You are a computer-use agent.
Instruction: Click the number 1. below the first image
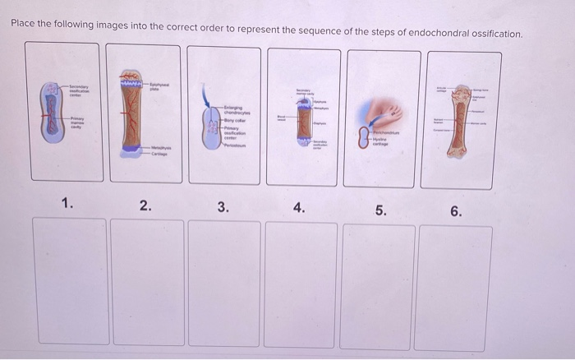[x=67, y=205]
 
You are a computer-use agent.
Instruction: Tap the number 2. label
[x=145, y=206]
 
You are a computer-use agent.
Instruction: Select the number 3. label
[x=223, y=207]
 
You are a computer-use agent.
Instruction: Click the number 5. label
[x=379, y=210]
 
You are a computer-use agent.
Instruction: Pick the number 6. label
[x=456, y=211]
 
